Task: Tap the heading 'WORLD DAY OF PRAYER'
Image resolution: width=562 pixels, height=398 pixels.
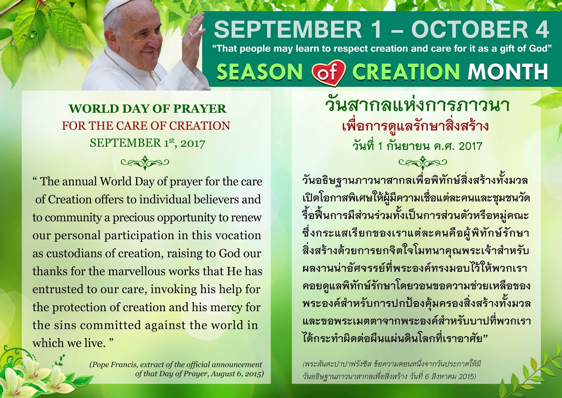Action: click(148, 109)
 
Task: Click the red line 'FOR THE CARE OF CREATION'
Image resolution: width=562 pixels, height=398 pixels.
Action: click(146, 126)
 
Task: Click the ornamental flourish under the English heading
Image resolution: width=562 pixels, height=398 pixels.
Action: click(145, 163)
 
